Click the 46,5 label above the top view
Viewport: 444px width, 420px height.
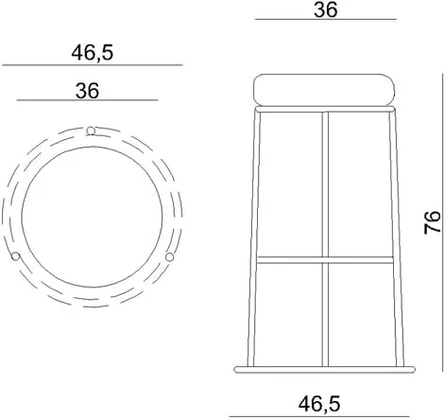[92, 53]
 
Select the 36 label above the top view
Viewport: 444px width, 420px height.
[87, 91]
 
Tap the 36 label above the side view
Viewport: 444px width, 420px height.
[325, 9]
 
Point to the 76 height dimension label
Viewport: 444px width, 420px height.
[432, 222]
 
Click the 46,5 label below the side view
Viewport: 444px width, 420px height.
[319, 404]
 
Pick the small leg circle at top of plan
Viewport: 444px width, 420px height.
[91, 131]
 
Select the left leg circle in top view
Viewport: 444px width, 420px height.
[15, 256]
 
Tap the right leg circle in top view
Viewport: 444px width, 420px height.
[169, 257]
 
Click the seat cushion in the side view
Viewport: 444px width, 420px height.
[324, 90]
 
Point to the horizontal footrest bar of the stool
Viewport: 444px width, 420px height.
[325, 260]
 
